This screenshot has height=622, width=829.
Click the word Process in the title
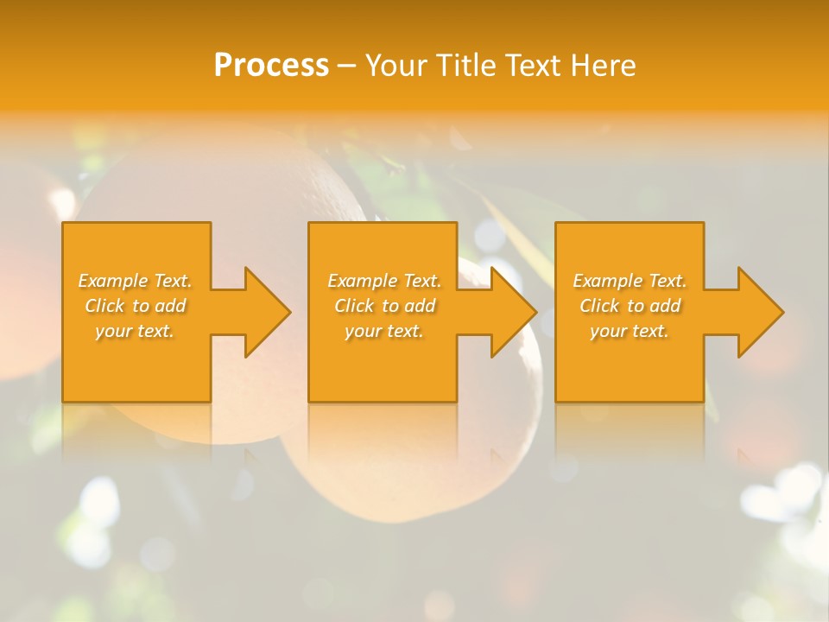point(271,66)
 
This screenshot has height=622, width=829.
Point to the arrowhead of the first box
point(264,312)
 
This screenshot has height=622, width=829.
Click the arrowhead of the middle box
point(511,312)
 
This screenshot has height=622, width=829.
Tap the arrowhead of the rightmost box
point(758,312)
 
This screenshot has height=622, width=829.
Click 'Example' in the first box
point(113,281)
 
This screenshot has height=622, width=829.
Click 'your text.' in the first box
point(135,331)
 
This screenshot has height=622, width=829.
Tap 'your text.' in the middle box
point(383,331)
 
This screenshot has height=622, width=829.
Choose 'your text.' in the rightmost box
point(630,331)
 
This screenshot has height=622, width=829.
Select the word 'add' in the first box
point(171,306)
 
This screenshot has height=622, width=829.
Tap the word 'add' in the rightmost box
point(666,306)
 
